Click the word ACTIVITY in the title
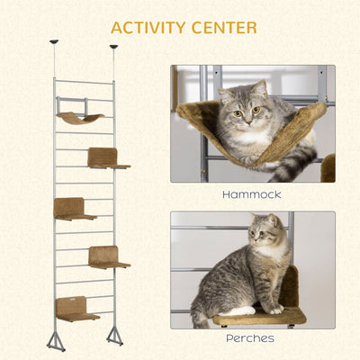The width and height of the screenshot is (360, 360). coord(149,28)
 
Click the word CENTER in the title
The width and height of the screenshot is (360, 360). coord(224,28)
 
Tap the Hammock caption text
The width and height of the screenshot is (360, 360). coord(252,194)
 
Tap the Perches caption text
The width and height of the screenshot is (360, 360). coord(250,338)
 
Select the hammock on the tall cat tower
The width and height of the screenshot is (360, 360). coord(80,118)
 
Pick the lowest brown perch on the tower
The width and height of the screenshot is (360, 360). coord(77,309)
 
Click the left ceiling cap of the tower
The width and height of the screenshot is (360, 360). coord(54,41)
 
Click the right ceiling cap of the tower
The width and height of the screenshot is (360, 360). coord(113,47)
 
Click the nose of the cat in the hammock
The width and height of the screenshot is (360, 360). coord(247,121)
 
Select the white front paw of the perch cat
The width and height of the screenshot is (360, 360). coord(276,310)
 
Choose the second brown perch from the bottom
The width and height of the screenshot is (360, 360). coord(109,257)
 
